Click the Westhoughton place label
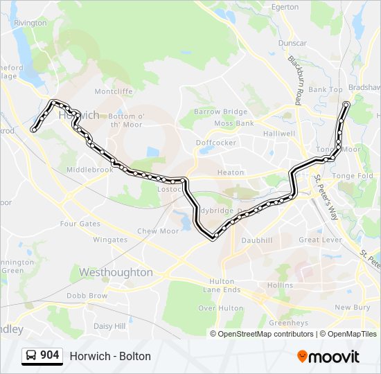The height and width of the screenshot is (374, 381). pyautogui.click(x=116, y=272)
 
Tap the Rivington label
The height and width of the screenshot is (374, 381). pyautogui.click(x=30, y=23)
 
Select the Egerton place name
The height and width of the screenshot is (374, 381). pyautogui.click(x=285, y=7)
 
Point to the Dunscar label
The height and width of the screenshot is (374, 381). pyautogui.click(x=292, y=43)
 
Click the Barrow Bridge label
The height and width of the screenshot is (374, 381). pyautogui.click(x=220, y=112)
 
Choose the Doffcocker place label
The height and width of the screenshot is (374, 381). pyautogui.click(x=216, y=143)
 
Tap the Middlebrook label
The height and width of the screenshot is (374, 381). pyautogui.click(x=89, y=170)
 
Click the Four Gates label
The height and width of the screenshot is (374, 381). pyautogui.click(x=80, y=224)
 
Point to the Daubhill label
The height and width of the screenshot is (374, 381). pyautogui.click(x=257, y=240)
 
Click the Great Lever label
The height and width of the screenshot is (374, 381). pyautogui.click(x=320, y=240)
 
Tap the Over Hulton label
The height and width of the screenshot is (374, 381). pyautogui.click(x=220, y=308)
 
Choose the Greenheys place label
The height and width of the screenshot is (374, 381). pyautogui.click(x=288, y=323)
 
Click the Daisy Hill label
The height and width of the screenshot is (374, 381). pyautogui.click(x=109, y=326)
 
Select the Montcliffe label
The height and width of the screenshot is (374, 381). pyautogui.click(x=113, y=91)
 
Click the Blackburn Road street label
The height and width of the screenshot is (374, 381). pyautogui.click(x=296, y=80)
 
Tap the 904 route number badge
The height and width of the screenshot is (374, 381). pyautogui.click(x=42, y=355)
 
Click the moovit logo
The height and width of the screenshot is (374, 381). pyautogui.click(x=328, y=357)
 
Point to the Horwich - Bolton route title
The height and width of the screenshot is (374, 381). pyautogui.click(x=110, y=356)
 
